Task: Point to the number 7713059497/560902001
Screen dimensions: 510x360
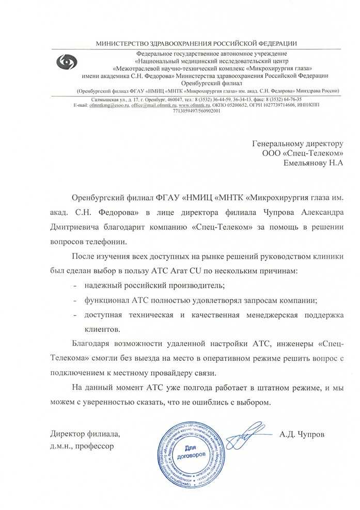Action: pos(190,110)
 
